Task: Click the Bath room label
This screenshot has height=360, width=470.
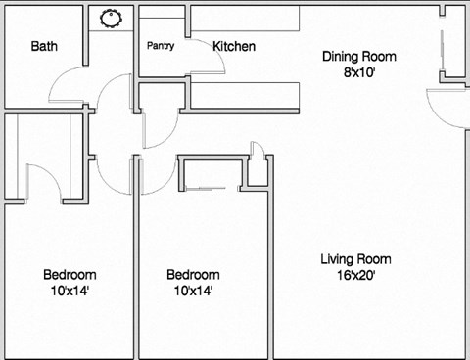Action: click(44, 46)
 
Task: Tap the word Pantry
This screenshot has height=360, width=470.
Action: click(161, 46)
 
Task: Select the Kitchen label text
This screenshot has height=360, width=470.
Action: click(234, 46)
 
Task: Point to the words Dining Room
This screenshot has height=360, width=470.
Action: click(359, 56)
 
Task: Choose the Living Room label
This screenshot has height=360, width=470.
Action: click(355, 259)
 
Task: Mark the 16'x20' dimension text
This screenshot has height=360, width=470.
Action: click(355, 275)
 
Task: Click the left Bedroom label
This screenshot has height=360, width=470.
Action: click(69, 275)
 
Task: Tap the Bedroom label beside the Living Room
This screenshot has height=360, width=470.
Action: click(192, 275)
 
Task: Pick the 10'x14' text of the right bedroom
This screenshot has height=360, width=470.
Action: click(192, 291)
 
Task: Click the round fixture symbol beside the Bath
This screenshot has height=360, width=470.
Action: click(112, 17)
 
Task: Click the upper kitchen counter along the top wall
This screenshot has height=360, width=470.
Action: click(313, 17)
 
